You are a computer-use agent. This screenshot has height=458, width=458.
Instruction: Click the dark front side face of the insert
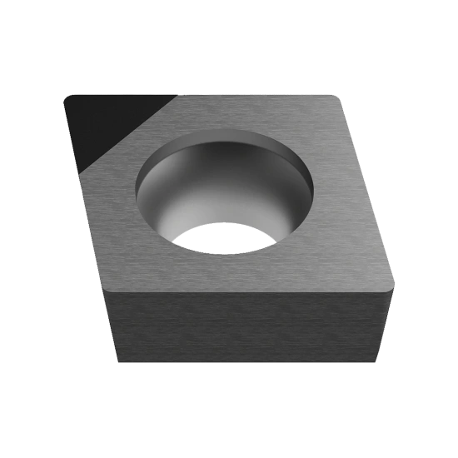pos(250,329)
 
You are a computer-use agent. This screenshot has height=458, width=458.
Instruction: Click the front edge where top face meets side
pos(250,289)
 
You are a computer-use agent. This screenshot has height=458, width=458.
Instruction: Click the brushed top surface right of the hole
pos(341,217)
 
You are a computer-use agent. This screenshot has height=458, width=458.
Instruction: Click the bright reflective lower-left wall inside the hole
pos(167,208)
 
